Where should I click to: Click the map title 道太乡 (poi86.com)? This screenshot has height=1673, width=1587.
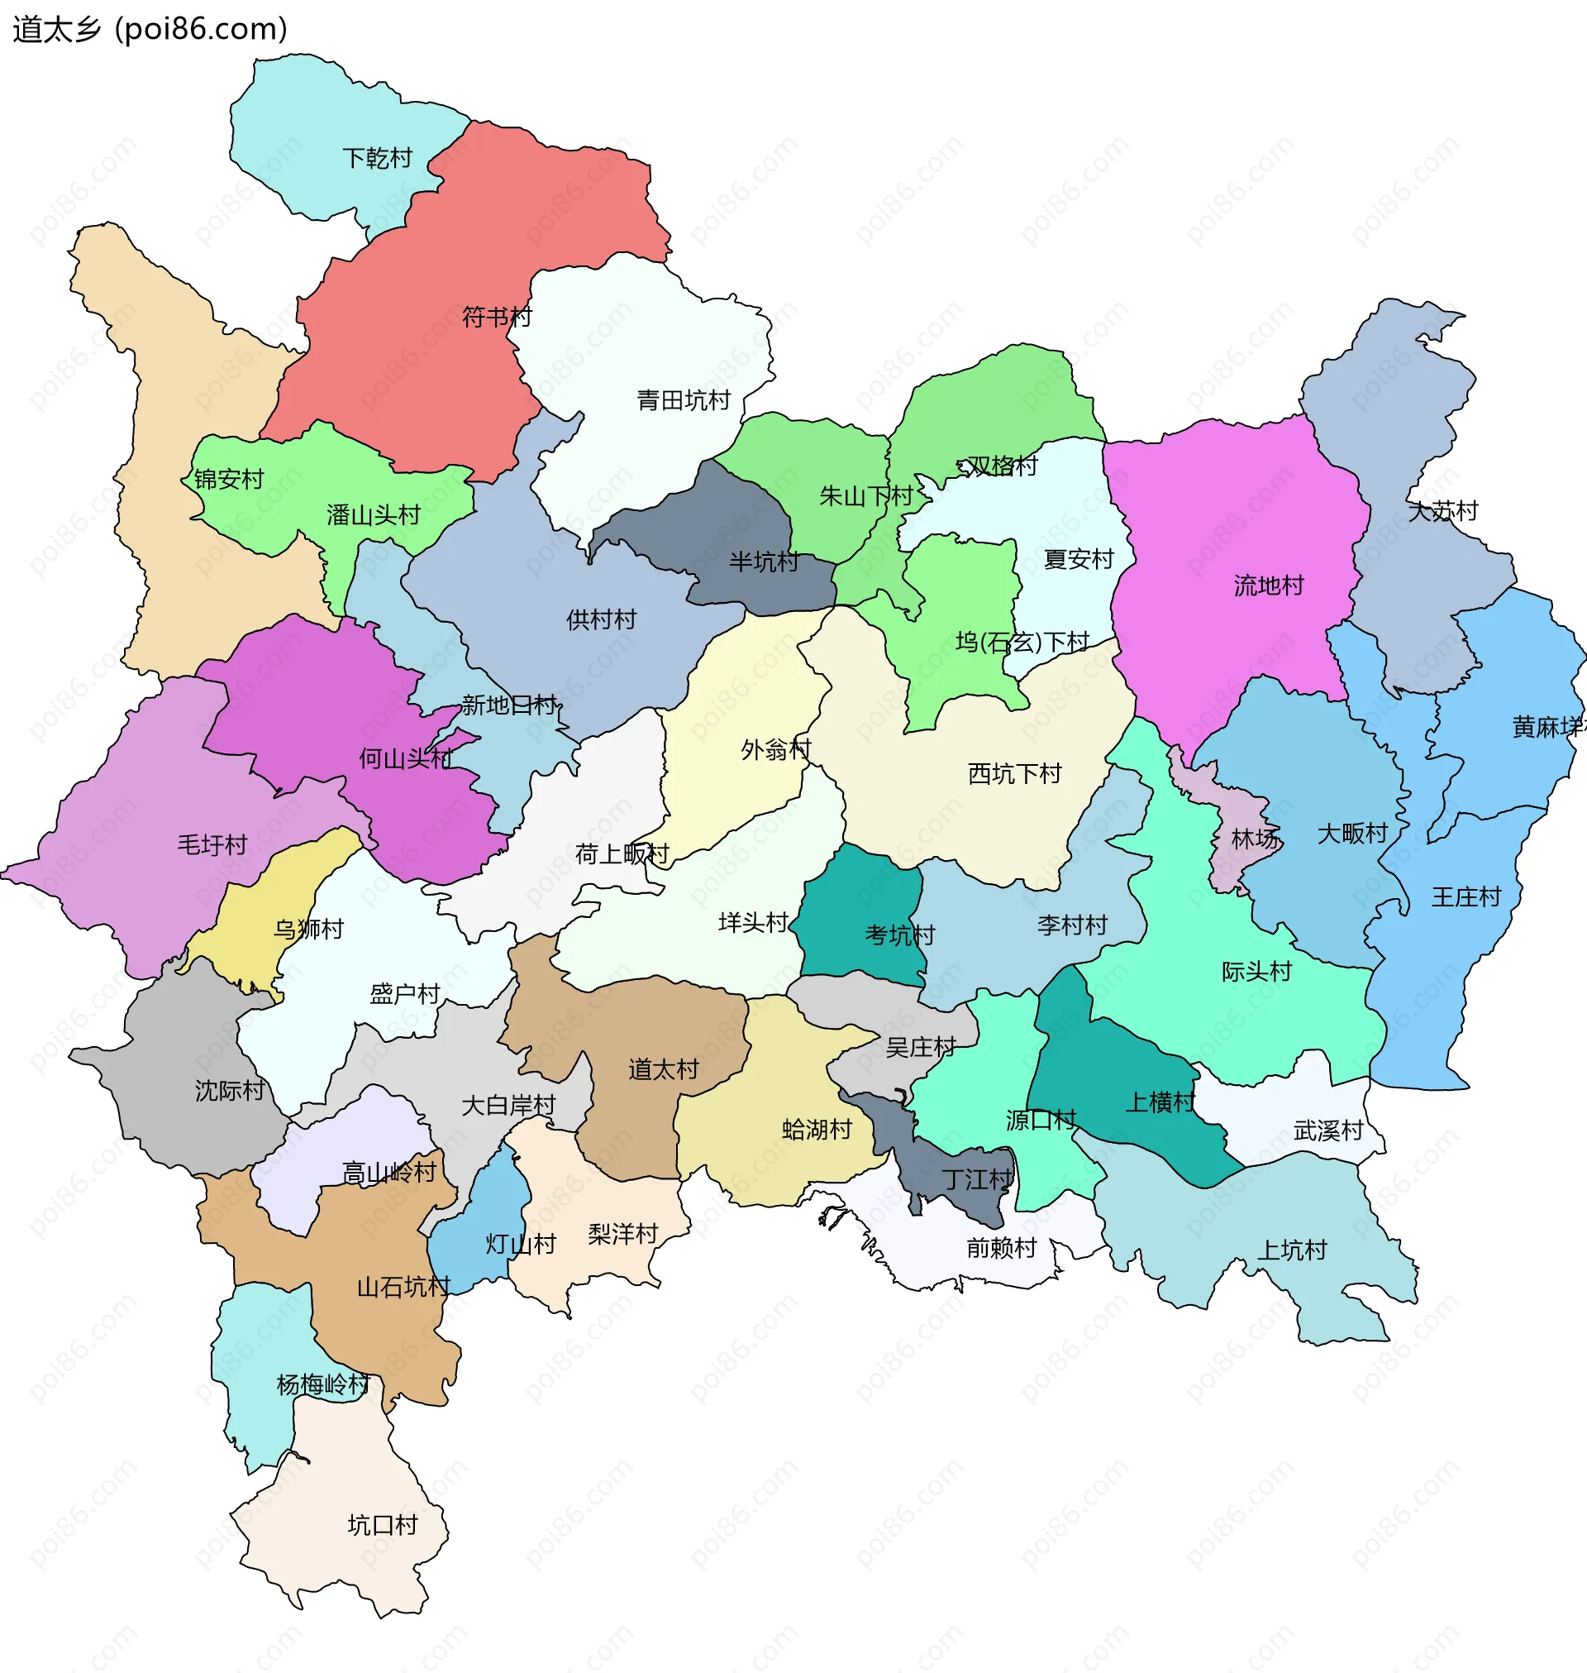coord(150,29)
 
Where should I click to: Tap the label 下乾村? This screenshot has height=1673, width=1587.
coord(377,158)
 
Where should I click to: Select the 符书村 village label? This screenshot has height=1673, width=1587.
coord(497,318)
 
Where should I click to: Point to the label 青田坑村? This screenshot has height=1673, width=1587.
coord(683,400)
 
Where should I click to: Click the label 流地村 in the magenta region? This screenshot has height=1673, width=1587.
coord(1268,586)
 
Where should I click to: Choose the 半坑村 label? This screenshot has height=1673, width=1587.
coord(764,562)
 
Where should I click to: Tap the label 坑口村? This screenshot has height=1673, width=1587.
coord(383,1525)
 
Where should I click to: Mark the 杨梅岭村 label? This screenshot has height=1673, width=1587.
coord(323,1384)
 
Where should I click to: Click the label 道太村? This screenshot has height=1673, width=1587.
coord(663,1069)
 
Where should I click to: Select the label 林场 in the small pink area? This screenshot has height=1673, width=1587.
coord(1255,839)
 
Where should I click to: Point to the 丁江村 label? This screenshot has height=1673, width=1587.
coord(977,1179)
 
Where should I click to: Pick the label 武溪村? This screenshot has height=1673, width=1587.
coord(1327,1130)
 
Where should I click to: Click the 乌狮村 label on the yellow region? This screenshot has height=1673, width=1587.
coord(308,930)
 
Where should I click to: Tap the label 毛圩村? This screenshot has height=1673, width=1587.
coord(212,844)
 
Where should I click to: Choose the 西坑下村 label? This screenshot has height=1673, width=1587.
coord(1013,773)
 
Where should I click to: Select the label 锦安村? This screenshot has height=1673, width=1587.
coord(228,480)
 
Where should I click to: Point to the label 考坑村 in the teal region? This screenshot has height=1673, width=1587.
coord(899,935)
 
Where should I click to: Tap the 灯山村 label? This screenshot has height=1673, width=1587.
coord(520,1244)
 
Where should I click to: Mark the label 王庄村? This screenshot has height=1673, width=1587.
coord(1465,897)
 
